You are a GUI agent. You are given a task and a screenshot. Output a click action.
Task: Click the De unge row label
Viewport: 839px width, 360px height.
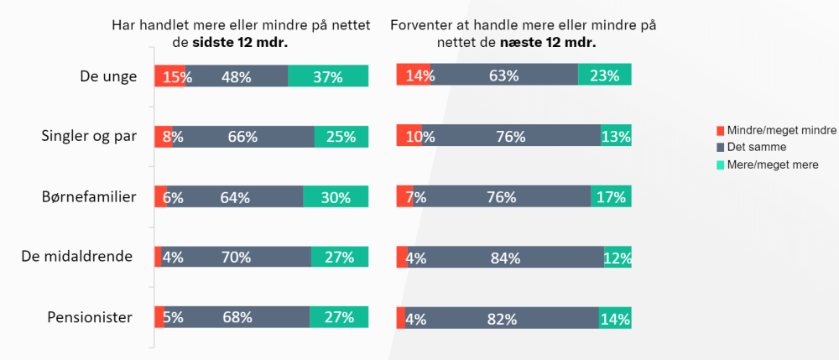pyautogui.click(x=108, y=76)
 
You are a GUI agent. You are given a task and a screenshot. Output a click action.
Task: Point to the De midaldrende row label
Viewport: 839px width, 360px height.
pyautogui.click(x=77, y=257)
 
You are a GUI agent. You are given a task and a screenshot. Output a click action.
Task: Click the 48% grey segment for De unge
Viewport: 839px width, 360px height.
pyautogui.click(x=237, y=76)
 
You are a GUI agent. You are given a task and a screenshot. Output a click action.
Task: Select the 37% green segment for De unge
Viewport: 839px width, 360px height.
pyautogui.click(x=328, y=76)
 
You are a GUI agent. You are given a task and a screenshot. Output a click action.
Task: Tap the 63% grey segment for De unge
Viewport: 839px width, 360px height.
pyautogui.click(x=504, y=75)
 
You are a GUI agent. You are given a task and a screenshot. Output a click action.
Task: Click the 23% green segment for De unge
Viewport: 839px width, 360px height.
pyautogui.click(x=604, y=75)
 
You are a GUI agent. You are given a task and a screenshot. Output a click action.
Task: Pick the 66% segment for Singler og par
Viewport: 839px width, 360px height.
pyautogui.click(x=242, y=137)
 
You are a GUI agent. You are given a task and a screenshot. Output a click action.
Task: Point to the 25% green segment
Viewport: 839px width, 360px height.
pyautogui.click(x=341, y=137)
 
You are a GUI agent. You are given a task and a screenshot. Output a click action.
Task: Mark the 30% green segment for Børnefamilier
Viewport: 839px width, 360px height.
pyautogui.click(x=336, y=197)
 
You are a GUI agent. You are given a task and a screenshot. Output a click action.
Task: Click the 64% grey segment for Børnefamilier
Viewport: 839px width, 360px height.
pyautogui.click(x=235, y=197)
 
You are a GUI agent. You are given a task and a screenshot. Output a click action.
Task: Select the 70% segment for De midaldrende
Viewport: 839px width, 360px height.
pyautogui.click(x=236, y=258)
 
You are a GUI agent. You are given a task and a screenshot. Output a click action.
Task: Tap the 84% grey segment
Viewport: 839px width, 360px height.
pyautogui.click(x=505, y=258)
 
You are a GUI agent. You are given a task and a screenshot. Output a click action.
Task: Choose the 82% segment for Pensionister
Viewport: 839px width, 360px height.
pyautogui.click(x=502, y=318)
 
